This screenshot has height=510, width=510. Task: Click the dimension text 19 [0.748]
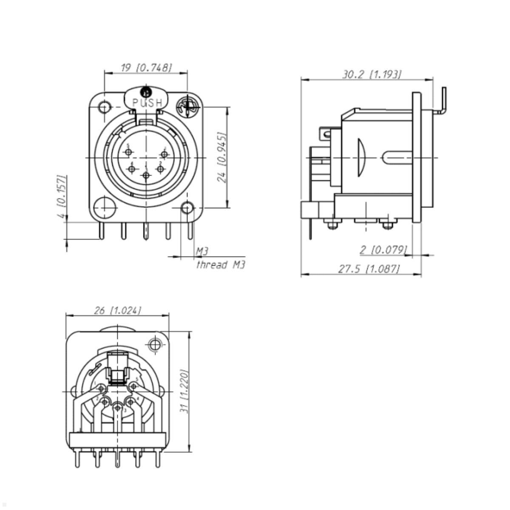pyautogui.click(x=146, y=68)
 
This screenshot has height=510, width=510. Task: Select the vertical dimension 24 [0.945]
pyautogui.click(x=222, y=157)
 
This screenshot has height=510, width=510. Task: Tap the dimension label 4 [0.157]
pyautogui.click(x=62, y=196)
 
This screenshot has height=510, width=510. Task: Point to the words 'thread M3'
pyautogui.click(x=221, y=265)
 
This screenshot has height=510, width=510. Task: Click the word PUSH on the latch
pyautogui.click(x=147, y=103)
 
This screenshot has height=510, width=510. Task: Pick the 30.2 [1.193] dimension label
pyautogui.click(x=371, y=74)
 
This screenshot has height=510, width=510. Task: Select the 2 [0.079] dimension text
pyautogui.click(x=383, y=249)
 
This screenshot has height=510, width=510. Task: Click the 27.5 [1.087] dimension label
pyautogui.click(x=369, y=269)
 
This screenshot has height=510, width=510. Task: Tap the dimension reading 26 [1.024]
pyautogui.click(x=117, y=311)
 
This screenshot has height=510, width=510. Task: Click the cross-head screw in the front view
pyautogui.click(x=187, y=107)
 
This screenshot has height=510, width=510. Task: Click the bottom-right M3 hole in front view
pyautogui.click(x=187, y=208)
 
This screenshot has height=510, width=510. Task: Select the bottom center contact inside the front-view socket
pyautogui.click(x=146, y=175)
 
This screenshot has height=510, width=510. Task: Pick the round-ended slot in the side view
pyautogui.click(x=397, y=158)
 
